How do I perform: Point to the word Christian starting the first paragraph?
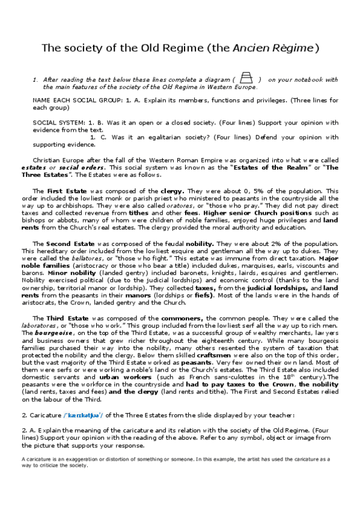pos(48,161)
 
